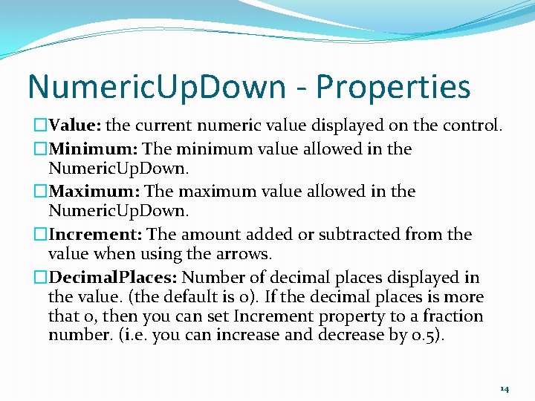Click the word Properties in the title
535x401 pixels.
(x=393, y=88)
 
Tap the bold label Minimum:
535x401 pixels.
(x=93, y=149)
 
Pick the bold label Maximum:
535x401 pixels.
(x=94, y=191)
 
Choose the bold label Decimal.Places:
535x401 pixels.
(x=113, y=278)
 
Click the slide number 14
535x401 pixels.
(x=505, y=388)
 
